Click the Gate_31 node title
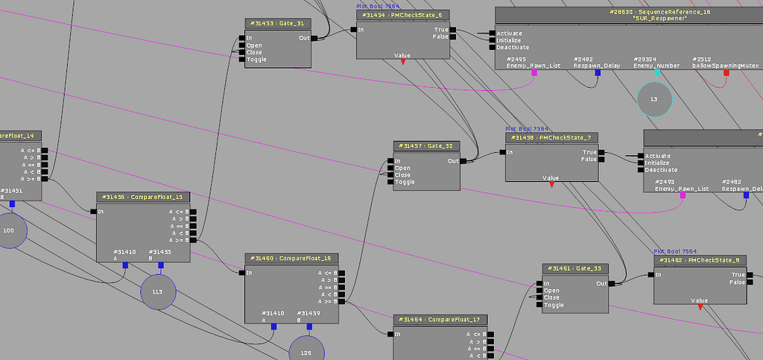(x=278, y=24)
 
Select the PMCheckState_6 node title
(x=402, y=15)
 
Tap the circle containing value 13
(x=654, y=99)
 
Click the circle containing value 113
(x=157, y=292)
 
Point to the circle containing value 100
(x=9, y=230)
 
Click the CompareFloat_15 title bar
(x=143, y=197)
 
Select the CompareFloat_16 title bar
(x=292, y=258)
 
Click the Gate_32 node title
(x=426, y=146)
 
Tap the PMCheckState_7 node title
(x=551, y=138)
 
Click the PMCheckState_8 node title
(x=700, y=260)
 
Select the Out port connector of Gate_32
(x=463, y=161)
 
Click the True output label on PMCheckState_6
(x=441, y=30)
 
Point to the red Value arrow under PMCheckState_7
(x=551, y=185)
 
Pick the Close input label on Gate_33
(x=552, y=298)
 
